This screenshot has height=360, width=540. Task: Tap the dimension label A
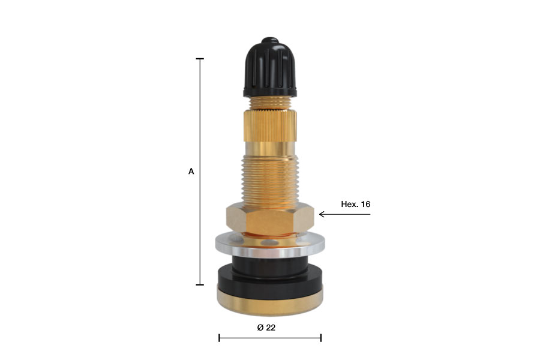[x=191, y=171]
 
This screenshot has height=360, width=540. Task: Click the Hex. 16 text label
[x=355, y=204]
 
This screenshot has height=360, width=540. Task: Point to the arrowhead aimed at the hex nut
[x=322, y=214]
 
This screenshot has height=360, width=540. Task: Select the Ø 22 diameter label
[x=266, y=327]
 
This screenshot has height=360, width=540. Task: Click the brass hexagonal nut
[x=270, y=220]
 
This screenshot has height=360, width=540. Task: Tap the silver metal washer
[x=270, y=245]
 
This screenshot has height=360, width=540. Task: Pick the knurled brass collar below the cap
[x=270, y=126]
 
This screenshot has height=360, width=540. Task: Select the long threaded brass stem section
[x=270, y=182]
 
